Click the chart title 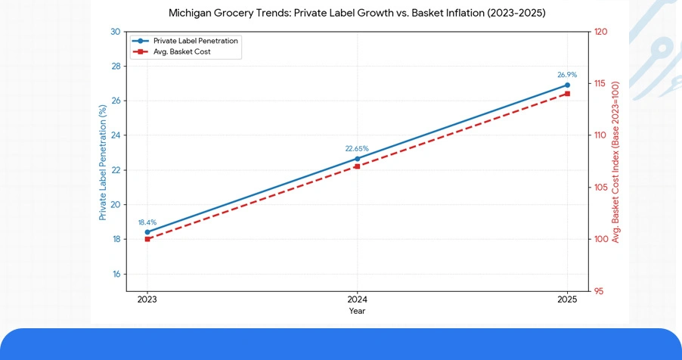(x=357, y=14)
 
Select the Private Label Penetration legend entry (x=195, y=41)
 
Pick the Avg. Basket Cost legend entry (x=181, y=52)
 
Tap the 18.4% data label (x=147, y=222)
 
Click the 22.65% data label (x=357, y=149)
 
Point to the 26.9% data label (x=567, y=75)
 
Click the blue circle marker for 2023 (x=147, y=232)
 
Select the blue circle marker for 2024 (x=358, y=159)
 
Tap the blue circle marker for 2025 (x=567, y=85)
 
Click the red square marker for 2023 (x=147, y=239)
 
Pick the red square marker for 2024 (x=358, y=166)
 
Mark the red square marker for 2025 (x=567, y=94)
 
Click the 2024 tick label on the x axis (x=358, y=299)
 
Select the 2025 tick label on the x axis (x=567, y=299)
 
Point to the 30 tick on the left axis (x=115, y=32)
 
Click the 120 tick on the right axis (x=600, y=32)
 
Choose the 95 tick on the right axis (x=598, y=291)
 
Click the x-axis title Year (x=358, y=311)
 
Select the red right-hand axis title (x=616, y=162)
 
